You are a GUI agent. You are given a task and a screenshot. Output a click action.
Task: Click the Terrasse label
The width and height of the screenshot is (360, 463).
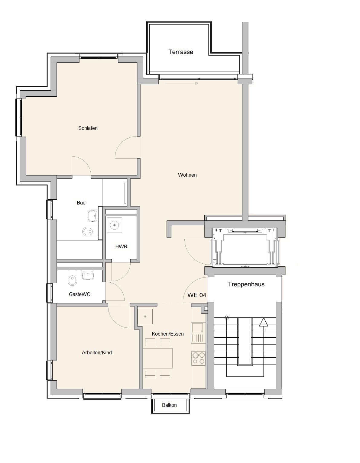tap(181, 52)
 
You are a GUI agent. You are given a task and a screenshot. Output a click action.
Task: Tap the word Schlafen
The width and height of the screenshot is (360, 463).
tap(88, 128)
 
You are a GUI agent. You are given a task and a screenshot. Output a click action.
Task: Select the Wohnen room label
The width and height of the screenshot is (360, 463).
tap(187, 175)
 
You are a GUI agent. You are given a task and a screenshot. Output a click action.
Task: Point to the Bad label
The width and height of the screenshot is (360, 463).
tap(81, 203)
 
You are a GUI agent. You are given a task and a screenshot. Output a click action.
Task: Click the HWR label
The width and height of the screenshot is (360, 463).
tap(121, 246)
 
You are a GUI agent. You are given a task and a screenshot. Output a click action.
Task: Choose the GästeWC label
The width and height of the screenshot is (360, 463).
tap(79, 294)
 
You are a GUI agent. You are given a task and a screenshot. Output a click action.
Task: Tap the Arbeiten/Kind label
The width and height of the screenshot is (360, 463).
tap(97, 352)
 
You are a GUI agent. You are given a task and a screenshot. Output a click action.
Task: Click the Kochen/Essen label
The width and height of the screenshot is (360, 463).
tap(167, 334)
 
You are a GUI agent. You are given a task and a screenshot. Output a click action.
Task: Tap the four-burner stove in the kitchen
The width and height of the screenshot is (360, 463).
tap(198, 358)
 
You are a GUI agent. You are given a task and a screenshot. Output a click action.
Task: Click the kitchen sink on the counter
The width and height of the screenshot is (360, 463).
tap(198, 327)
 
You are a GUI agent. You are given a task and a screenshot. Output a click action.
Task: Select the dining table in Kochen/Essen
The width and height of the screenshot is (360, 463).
tap(157, 358)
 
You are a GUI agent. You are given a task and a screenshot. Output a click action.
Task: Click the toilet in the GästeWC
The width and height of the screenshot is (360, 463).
tap(72, 278)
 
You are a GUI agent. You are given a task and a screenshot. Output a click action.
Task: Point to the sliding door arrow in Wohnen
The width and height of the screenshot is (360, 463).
tap(181, 83)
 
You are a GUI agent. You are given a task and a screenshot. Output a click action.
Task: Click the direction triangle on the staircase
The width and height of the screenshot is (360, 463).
tap(264, 322)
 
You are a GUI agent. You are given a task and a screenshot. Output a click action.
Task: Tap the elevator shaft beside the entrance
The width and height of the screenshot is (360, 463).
tap(245, 247)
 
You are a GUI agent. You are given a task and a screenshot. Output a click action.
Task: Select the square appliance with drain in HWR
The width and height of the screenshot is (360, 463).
tap(115, 225)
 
